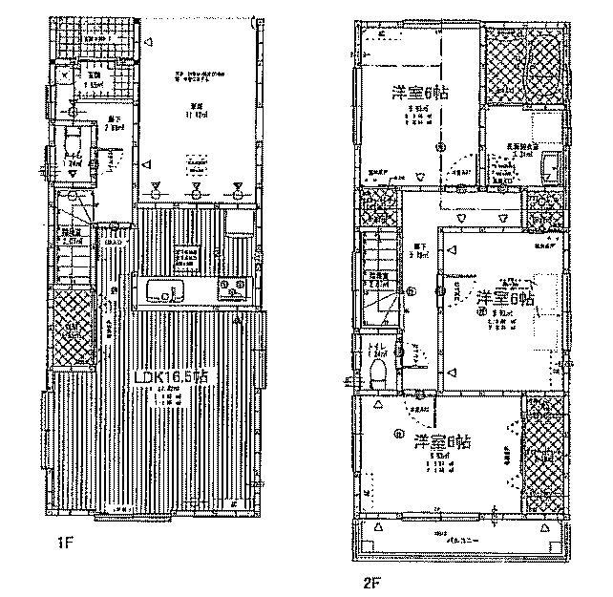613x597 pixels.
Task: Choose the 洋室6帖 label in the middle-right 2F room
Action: pos(505,295)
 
